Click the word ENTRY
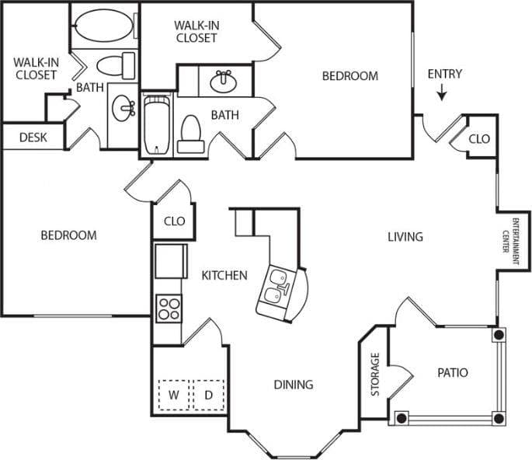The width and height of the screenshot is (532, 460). click(444, 74)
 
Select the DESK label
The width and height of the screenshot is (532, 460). click(33, 138)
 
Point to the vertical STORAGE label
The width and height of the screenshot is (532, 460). click(375, 375)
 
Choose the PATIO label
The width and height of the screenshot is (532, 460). click(452, 373)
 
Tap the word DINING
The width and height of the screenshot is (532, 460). click(293, 385)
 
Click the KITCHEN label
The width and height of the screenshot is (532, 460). click(224, 275)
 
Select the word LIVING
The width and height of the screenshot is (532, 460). click(405, 236)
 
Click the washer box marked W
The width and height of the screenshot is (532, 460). click(174, 395)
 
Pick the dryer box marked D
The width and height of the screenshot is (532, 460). click(208, 395)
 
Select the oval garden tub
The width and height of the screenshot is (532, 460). click(105, 26)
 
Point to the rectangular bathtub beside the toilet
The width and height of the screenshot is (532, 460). click(156, 124)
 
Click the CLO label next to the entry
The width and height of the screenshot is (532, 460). click(480, 138)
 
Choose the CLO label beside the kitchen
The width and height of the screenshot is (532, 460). click(175, 221)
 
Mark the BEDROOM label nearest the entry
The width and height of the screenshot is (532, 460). click(350, 76)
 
